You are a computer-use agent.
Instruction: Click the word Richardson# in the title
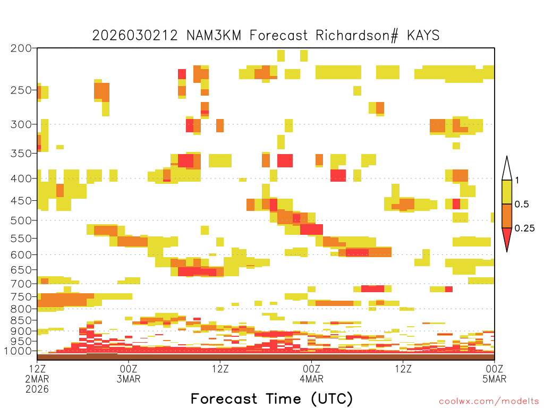(357, 36)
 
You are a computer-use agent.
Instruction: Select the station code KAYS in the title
(423, 36)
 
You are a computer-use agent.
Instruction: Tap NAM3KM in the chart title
(214, 36)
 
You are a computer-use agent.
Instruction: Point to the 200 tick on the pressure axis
(21, 48)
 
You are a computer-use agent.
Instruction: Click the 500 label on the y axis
(21, 220)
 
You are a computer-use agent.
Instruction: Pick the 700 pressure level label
(21, 284)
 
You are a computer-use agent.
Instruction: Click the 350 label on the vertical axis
(21, 154)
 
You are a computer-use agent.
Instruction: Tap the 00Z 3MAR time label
(129, 373)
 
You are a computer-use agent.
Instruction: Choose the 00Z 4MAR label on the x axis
(311, 373)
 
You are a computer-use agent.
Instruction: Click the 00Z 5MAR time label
(495, 373)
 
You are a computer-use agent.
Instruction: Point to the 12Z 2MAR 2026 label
(37, 379)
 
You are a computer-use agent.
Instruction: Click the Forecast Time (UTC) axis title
(271, 399)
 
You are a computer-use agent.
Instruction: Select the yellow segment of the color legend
(507, 192)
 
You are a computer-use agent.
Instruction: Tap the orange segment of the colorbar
(507, 216)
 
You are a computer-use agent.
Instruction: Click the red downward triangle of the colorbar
(507, 237)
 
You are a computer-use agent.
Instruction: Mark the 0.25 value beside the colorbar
(524, 228)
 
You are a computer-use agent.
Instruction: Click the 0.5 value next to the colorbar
(522, 205)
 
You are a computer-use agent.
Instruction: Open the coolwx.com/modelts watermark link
(489, 402)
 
